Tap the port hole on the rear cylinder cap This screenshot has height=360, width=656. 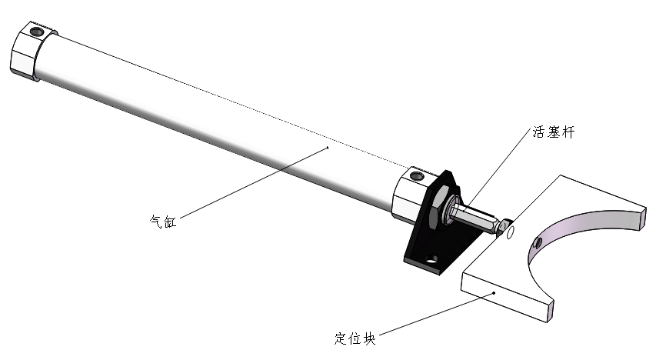pos(35,32)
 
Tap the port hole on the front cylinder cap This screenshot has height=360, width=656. pos(417,176)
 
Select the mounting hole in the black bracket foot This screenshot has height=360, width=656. pos(432,259)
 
